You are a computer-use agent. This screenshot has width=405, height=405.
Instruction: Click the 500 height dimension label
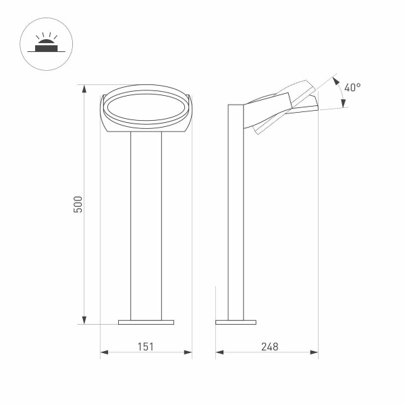pyautogui.click(x=78, y=205)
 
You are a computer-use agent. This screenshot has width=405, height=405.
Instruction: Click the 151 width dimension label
pyautogui.click(x=146, y=346)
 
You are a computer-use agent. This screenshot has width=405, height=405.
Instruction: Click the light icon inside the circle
pyautogui.click(x=45, y=43)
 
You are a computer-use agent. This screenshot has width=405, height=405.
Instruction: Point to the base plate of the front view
pyautogui.click(x=146, y=322)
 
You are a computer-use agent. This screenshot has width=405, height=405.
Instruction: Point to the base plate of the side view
pyautogui.click(x=236, y=322)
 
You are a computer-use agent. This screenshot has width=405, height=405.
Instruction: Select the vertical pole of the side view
pyautogui.click(x=236, y=216)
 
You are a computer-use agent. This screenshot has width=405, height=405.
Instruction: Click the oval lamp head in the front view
pyautogui.click(x=146, y=108)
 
